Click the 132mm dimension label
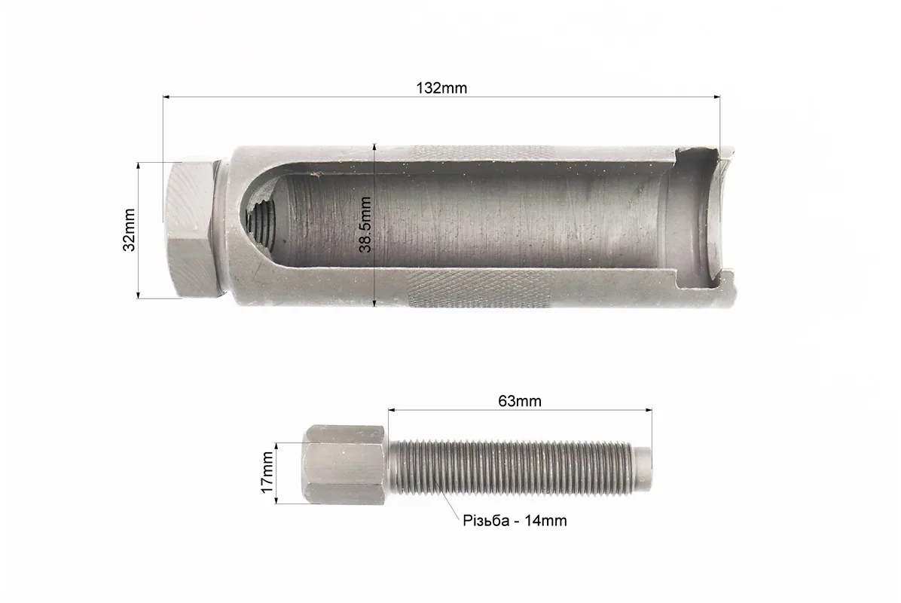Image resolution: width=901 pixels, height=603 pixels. click(x=441, y=88)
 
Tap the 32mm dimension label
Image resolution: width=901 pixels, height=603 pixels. click(x=130, y=230)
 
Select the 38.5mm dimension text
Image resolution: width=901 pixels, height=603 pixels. click(x=365, y=225)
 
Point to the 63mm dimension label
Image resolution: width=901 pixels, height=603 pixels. click(x=520, y=401)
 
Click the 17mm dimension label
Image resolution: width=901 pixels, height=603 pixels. click(x=267, y=472)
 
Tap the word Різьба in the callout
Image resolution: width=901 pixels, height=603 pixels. click(x=486, y=521)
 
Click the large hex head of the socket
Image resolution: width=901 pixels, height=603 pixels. click(x=191, y=229)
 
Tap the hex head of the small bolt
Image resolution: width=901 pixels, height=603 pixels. click(x=344, y=465)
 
